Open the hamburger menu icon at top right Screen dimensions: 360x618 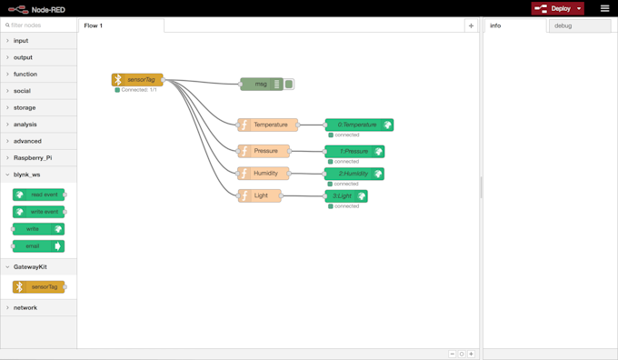point(604,8)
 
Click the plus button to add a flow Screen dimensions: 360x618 point(471,25)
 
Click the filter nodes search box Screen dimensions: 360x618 point(41,25)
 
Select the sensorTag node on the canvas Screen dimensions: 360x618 point(138,80)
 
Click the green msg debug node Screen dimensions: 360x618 point(264,84)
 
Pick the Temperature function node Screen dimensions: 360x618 point(269,125)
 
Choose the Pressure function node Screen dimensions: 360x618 point(264,151)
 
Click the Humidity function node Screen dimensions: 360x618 point(264,173)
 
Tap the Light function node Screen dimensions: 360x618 point(260,195)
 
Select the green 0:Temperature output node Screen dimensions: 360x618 point(358,125)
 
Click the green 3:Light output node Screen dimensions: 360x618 point(345,195)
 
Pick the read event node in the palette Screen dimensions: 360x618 point(39,195)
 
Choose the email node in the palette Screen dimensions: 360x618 point(38,246)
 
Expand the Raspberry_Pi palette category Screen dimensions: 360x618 point(33,157)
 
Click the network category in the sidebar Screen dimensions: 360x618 point(25,307)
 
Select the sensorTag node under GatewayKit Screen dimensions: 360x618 point(39,287)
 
